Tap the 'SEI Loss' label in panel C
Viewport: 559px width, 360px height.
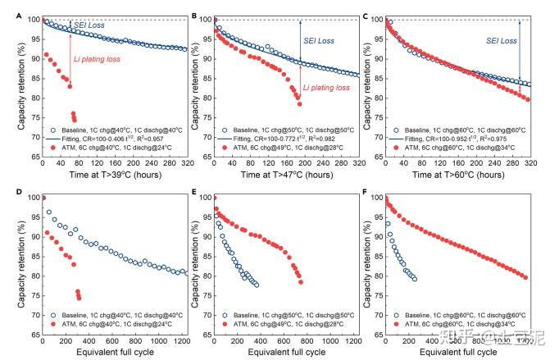tap(502, 40)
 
